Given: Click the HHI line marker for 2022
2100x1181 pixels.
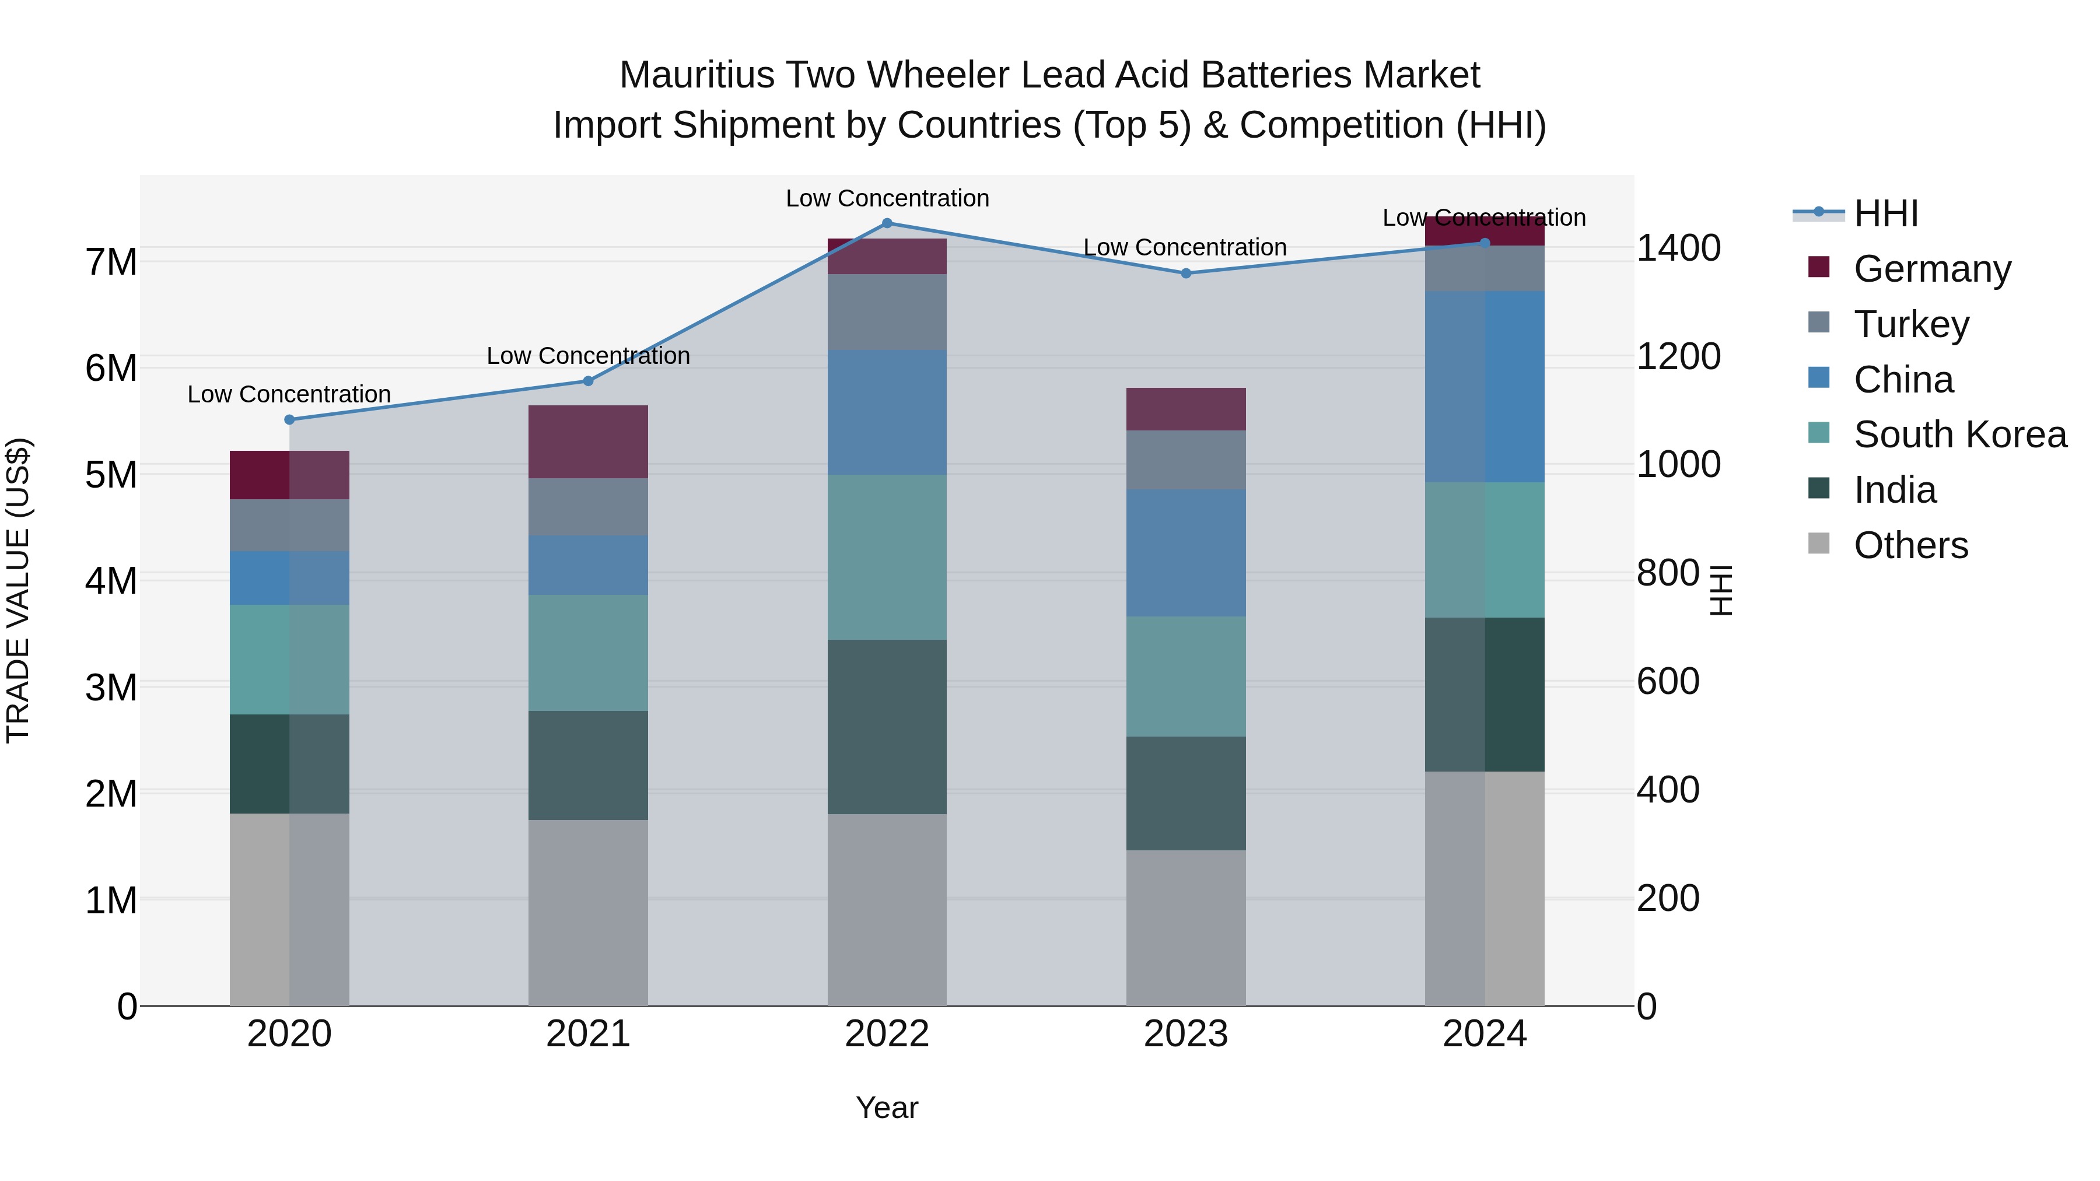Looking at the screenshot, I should [x=887, y=223].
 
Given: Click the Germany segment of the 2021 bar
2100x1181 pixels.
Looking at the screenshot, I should [x=588, y=441].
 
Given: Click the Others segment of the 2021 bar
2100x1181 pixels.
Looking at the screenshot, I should [x=588, y=912].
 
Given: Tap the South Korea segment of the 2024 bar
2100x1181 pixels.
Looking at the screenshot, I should [x=1485, y=549].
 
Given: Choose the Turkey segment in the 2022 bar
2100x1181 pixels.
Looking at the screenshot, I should [x=887, y=311].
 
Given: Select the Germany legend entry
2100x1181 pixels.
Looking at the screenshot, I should [x=1931, y=268].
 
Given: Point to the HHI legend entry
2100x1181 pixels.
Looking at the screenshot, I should [x=1885, y=213].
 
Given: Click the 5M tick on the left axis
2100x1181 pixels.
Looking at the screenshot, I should [x=111, y=474].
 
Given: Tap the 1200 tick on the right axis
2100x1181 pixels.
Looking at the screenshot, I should [x=1678, y=356].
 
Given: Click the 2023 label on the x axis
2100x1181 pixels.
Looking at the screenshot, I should [x=1186, y=1033].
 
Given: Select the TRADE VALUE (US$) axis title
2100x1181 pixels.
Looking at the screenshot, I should [x=18, y=590].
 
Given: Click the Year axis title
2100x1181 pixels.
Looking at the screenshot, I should [x=887, y=1108].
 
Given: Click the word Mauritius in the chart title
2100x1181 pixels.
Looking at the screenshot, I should [x=696, y=75].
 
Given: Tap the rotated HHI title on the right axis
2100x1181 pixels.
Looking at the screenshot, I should [x=1721, y=590].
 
